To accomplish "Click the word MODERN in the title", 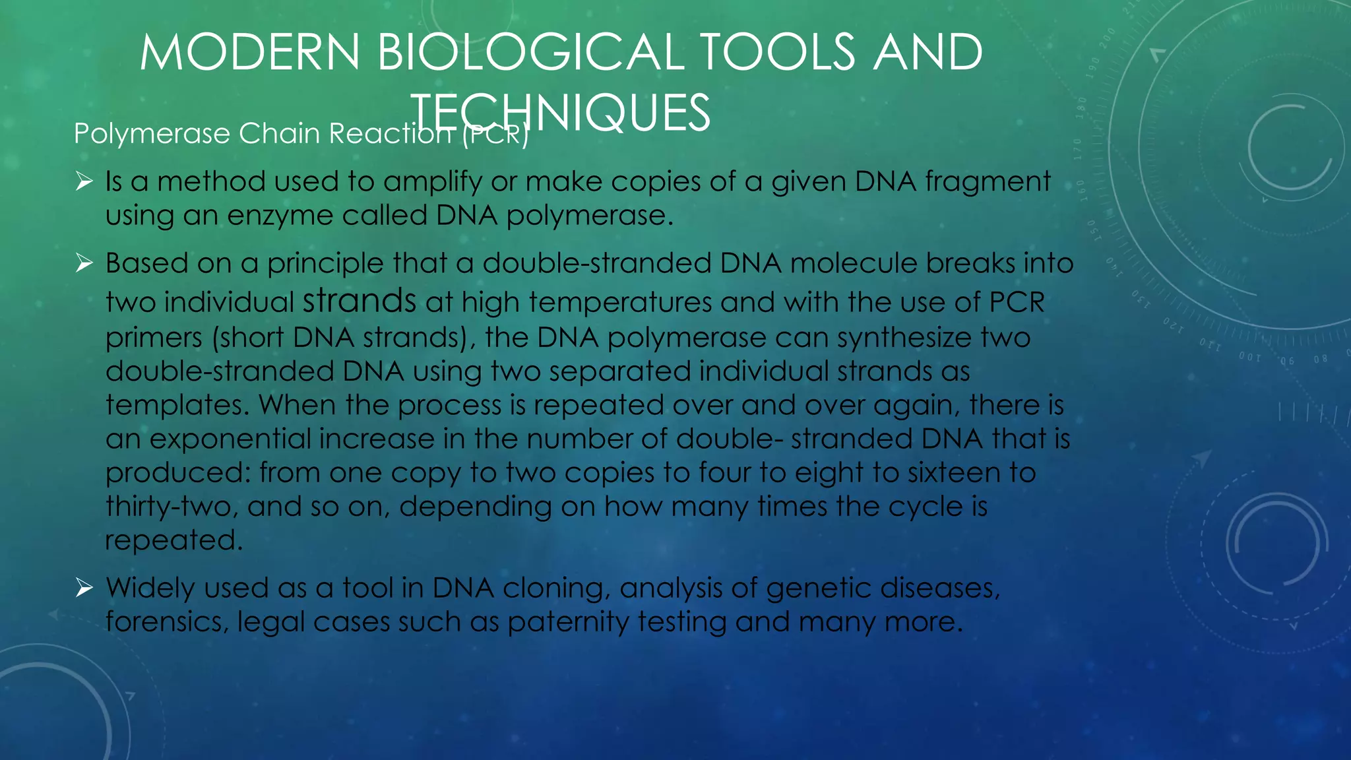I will tap(249, 52).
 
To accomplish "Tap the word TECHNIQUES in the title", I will tap(560, 113).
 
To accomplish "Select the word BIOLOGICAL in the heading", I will tap(531, 52).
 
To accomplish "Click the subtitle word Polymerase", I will tap(152, 134).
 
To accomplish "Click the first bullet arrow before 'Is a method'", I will tap(84, 180).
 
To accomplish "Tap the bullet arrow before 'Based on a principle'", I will tap(84, 263).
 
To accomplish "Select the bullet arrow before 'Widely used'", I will tap(84, 586).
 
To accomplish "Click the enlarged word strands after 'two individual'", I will tap(360, 301).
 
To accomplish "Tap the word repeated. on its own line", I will tap(174, 541).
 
